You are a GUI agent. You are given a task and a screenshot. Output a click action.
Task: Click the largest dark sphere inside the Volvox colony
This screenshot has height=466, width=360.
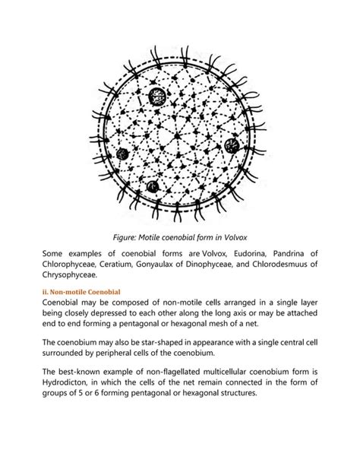coord(158,96)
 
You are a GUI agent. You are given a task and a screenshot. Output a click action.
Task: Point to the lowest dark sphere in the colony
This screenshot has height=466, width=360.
coord(153,185)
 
